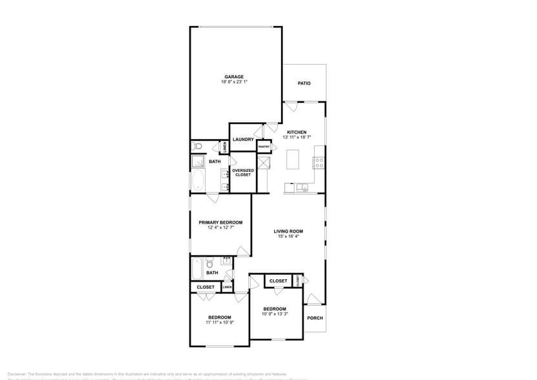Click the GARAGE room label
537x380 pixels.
234,76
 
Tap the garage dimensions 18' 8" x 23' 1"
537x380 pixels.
234,82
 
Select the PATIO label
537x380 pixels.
304,83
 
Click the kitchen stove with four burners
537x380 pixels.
319,162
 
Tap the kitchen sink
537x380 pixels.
303,188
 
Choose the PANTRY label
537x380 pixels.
264,147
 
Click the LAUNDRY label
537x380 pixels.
243,140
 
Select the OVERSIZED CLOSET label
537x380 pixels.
242,173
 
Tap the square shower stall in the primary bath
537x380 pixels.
198,162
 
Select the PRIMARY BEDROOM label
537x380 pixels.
220,222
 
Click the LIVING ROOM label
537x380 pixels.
288,231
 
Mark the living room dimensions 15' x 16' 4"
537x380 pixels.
288,237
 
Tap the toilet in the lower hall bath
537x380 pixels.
209,264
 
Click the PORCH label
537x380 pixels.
315,318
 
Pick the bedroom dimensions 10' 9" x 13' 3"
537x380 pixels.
275,314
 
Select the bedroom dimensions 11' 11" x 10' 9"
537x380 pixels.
220,322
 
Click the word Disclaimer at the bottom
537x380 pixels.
16,374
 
